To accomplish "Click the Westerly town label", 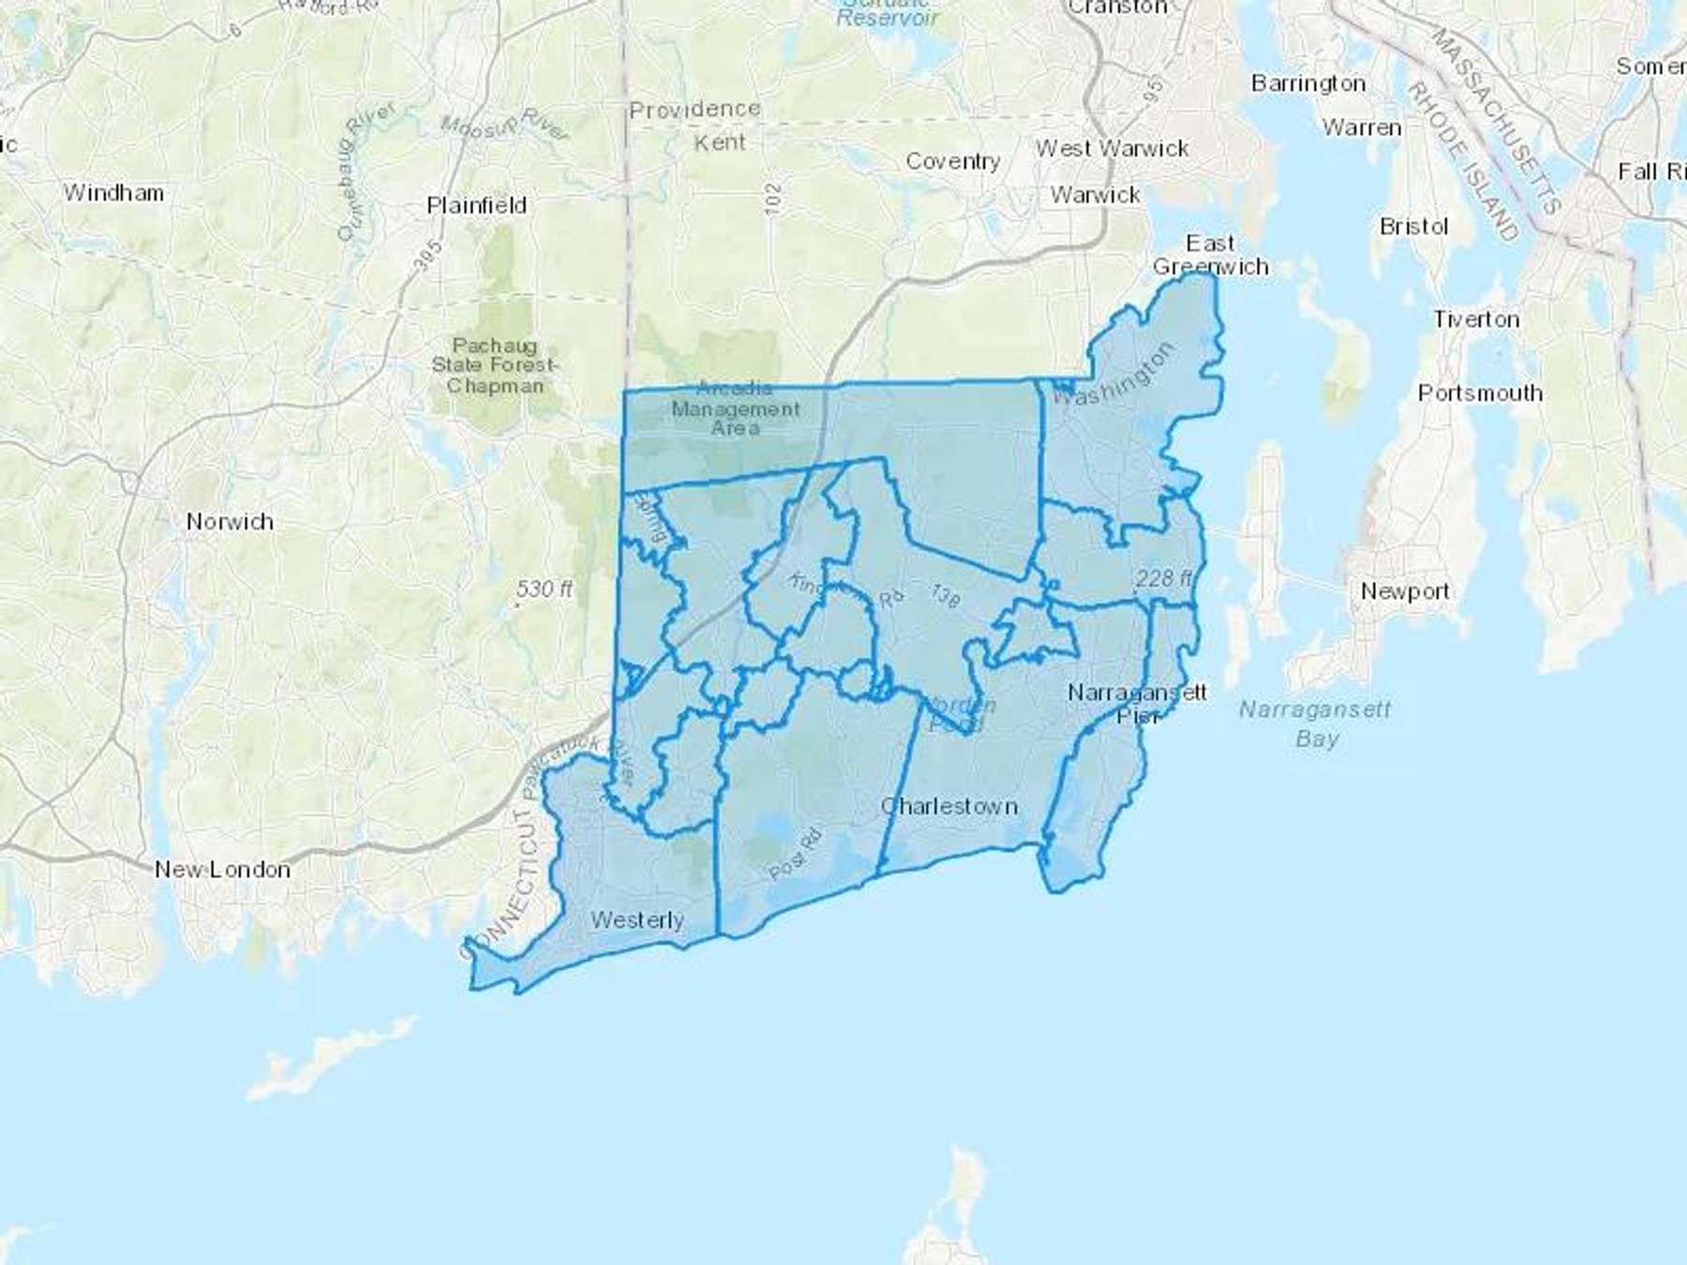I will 637,920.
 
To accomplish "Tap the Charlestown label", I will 949,806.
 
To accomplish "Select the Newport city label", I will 1405,591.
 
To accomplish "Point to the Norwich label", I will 230,521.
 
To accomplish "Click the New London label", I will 222,870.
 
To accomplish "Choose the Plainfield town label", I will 476,205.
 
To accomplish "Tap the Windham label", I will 113,193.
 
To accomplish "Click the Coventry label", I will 952,161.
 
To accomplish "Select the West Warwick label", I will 1112,148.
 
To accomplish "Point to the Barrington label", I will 1308,83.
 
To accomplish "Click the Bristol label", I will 1413,227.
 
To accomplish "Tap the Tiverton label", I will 1475,320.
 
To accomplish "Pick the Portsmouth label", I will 1480,394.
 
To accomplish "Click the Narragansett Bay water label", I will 1315,723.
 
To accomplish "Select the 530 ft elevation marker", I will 544,589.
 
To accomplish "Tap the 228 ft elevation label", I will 1163,578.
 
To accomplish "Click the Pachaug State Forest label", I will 495,365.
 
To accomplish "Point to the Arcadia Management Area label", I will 736,409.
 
